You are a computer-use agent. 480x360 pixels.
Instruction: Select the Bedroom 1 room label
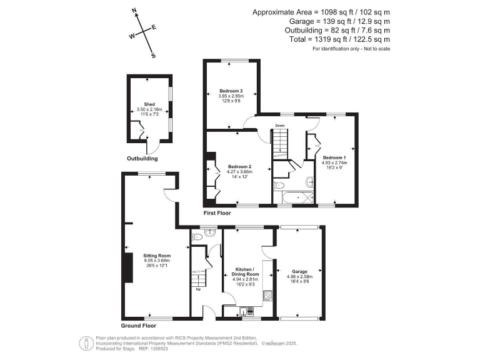point(334,157)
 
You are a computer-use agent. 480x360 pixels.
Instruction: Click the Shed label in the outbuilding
point(149,104)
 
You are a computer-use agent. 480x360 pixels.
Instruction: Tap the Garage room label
point(300,272)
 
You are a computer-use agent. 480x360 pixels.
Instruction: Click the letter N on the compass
point(135,11)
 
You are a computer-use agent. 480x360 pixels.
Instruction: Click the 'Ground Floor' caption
point(138,326)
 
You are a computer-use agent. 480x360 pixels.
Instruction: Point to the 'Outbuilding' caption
point(142,159)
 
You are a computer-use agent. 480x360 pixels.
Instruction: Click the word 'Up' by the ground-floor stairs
point(199,289)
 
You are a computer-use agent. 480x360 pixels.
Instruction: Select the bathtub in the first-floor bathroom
point(296,197)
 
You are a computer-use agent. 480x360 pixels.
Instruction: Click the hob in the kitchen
point(268,296)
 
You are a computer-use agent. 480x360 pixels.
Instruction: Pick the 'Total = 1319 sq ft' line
point(331,39)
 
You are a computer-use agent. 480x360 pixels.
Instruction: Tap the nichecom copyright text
point(281,342)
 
